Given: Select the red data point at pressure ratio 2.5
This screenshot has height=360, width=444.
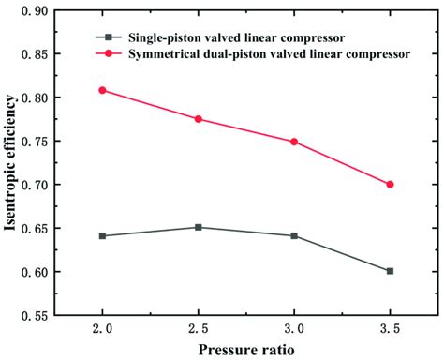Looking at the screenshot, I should pos(199,119).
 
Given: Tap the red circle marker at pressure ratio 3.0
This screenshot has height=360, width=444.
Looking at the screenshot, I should pos(294,142).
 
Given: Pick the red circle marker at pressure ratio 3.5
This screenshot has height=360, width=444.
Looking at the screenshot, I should pos(390,184).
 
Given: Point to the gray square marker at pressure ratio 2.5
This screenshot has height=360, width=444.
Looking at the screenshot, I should pos(199,227).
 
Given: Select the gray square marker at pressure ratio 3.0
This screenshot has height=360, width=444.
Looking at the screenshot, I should pos(294,235).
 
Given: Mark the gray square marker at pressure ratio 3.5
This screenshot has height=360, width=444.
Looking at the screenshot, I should pos(390,271).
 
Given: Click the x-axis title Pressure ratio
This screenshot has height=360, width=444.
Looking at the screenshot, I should pos(245,351).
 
